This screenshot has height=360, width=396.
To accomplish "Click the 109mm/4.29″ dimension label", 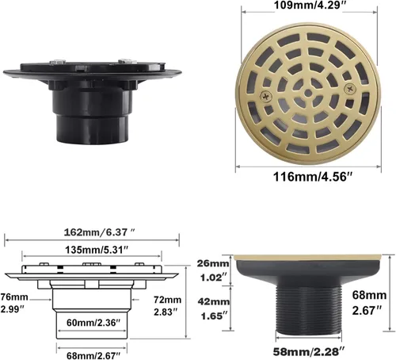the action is (x=308, y=5).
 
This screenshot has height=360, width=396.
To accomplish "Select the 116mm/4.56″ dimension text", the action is (x=313, y=177).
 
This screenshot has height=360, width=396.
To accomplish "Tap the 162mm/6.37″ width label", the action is (x=100, y=232).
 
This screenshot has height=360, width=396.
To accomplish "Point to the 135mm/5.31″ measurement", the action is (x=97, y=250).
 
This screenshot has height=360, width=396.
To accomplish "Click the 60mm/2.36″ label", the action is (x=93, y=323).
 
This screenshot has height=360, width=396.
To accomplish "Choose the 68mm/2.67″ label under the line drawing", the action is (x=93, y=355).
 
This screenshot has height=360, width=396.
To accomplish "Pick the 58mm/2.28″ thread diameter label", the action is (x=309, y=351).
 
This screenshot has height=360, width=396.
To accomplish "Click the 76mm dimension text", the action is (x=14, y=297).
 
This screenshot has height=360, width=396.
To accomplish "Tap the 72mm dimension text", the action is (x=168, y=300).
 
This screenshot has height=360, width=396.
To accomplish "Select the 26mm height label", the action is (x=213, y=263).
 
